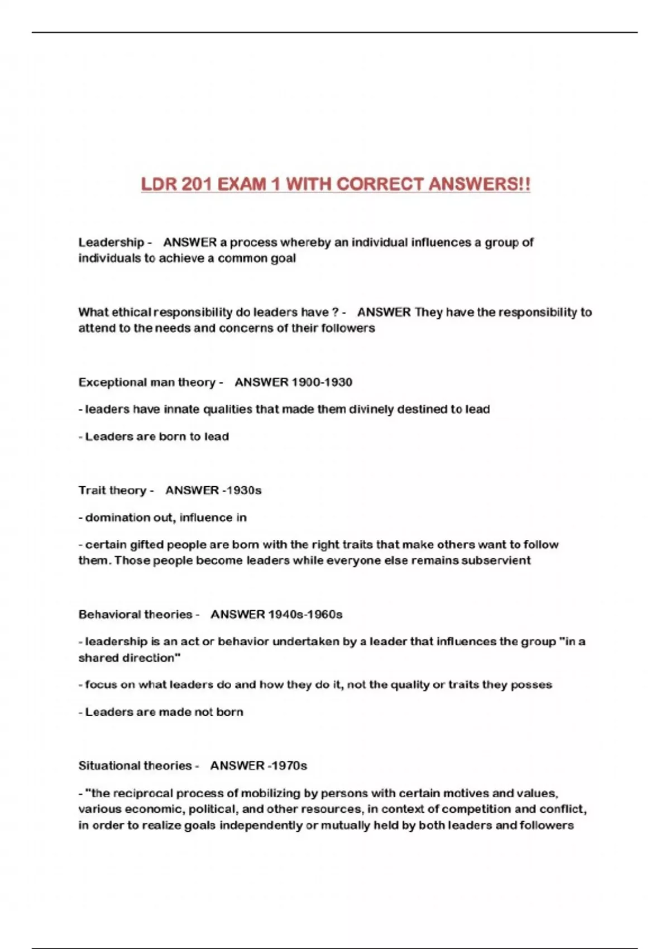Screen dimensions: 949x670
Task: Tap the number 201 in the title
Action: (195, 184)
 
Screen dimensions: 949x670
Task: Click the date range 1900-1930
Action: (322, 382)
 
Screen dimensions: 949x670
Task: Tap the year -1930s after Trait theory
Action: (242, 490)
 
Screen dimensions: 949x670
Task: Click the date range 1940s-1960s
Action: (305, 614)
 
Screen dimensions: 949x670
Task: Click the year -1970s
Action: (287, 765)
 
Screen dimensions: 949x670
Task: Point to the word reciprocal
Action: (143, 793)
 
